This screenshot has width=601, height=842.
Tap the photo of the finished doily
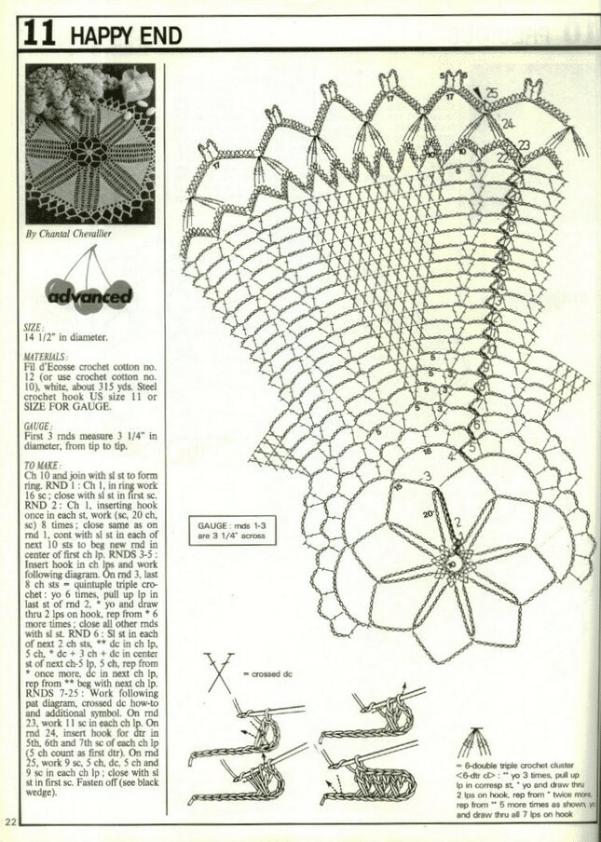click(89, 143)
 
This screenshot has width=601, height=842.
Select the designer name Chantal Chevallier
click(68, 234)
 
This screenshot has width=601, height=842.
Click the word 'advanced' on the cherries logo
click(89, 296)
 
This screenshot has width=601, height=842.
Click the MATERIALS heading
click(46, 357)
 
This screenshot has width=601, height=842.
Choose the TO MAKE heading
click(43, 465)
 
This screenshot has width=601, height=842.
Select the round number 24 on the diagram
click(508, 123)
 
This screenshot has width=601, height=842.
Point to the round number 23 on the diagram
click(524, 144)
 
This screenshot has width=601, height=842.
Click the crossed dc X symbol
click(220, 671)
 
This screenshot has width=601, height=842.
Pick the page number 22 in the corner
click(10, 822)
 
